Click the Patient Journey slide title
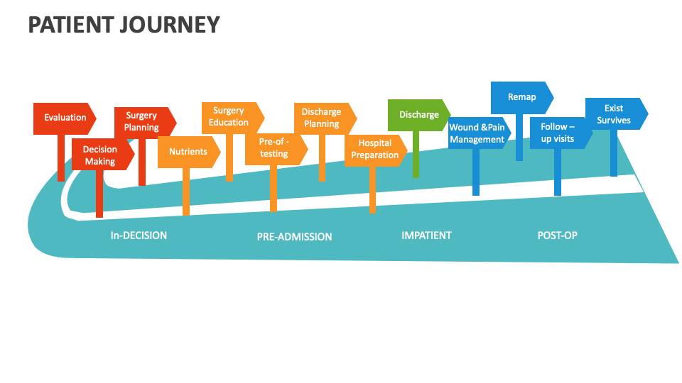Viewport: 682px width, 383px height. point(124,25)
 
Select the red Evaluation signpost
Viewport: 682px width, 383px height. point(65,118)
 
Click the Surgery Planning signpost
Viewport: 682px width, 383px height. point(143,121)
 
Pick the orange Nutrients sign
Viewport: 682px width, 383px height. point(188,152)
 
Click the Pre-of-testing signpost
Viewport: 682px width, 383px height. point(274,148)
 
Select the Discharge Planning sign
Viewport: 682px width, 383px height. point(323,118)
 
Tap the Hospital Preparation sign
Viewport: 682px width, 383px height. point(374,150)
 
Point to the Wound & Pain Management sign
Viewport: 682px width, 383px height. point(478,133)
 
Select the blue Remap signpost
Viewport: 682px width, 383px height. point(521,97)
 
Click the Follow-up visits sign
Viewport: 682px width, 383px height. point(558,133)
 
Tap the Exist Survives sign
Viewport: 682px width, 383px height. point(615,114)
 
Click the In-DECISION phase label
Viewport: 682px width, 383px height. point(139,235)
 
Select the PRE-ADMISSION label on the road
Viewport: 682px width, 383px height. point(294,237)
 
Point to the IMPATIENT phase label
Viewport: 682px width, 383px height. point(426,235)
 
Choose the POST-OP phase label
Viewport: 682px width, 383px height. point(557,235)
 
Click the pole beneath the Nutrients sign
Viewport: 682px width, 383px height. point(186,191)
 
